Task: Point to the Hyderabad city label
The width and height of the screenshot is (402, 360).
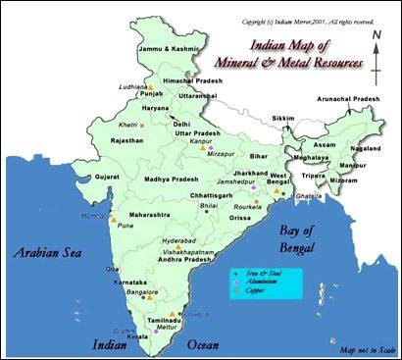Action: tap(178, 238)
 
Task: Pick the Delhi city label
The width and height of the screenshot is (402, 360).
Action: tap(182, 125)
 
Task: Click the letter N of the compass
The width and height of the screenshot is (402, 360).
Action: tap(377, 36)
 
